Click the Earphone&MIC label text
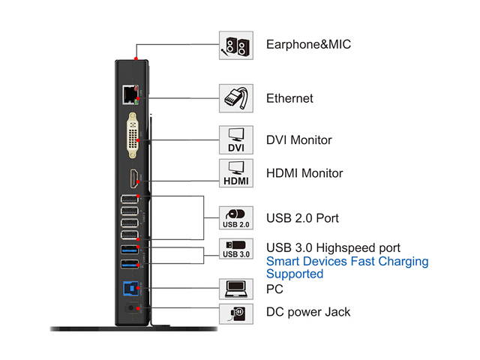point(308,44)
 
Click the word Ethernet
point(289,98)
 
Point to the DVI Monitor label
point(299,140)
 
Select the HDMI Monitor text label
point(304,173)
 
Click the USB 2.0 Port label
point(302,218)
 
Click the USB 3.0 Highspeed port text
point(334,247)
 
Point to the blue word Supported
point(295,274)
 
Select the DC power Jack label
point(308,312)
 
